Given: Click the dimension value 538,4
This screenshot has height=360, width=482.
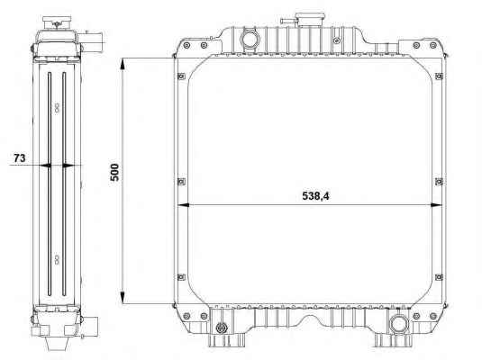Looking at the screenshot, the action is point(315,196).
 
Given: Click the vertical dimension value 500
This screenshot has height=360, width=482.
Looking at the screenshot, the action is point(114,172).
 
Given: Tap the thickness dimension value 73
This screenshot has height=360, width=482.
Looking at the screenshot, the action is point(19,158).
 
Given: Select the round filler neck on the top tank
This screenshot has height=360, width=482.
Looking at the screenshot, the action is point(250,39).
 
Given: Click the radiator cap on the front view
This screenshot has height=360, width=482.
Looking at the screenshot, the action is point(310,20).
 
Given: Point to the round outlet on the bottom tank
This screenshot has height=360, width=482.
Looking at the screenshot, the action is point(399,325).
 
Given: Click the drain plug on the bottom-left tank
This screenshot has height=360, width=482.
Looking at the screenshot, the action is point(221,328).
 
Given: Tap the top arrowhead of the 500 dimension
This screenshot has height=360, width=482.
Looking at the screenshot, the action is point(123,66).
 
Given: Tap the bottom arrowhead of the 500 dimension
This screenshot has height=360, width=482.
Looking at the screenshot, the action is point(123,297).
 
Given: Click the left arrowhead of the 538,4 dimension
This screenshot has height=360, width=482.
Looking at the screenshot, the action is point(184,205).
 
